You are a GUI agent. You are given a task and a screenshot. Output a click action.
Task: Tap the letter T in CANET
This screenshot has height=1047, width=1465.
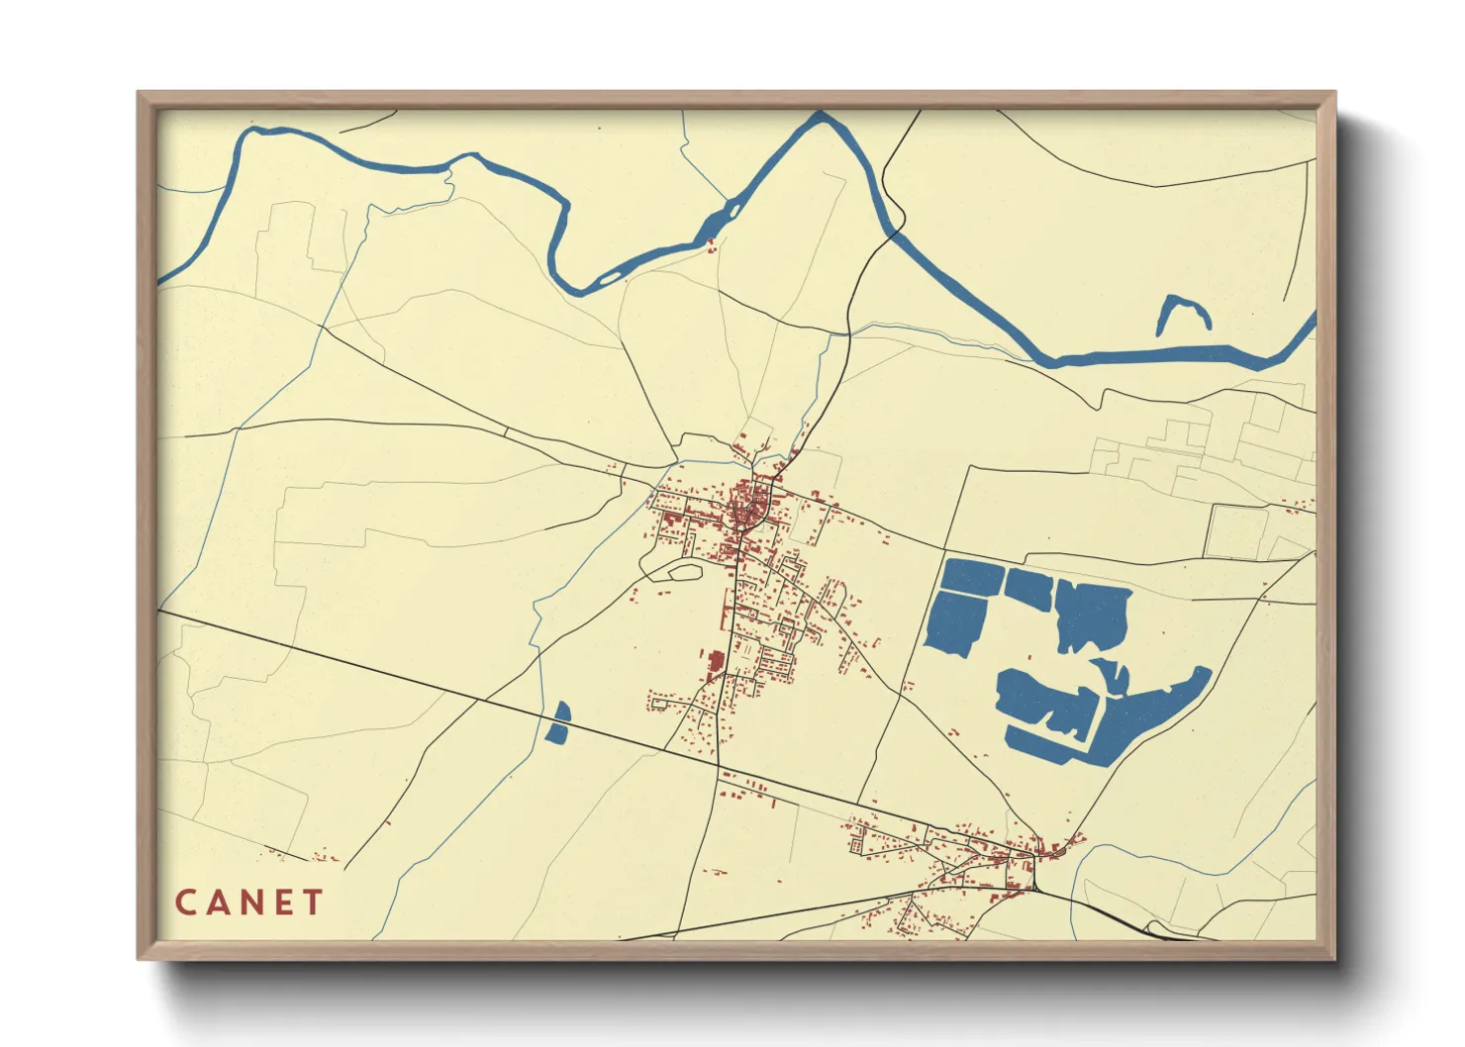(x=313, y=903)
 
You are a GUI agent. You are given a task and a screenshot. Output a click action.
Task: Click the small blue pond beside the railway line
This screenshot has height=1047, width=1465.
(x=558, y=724)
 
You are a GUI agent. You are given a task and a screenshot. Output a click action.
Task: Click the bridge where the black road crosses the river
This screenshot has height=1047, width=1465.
(x=894, y=232)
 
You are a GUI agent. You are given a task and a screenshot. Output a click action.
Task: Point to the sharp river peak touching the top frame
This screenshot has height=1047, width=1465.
(x=821, y=117)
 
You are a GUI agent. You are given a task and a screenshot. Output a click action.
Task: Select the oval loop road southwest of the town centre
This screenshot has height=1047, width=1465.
(x=683, y=570)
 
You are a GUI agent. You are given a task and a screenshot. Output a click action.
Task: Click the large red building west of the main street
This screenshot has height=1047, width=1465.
(x=715, y=664)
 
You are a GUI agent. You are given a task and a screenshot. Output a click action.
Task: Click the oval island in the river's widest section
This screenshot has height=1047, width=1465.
(x=733, y=209)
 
